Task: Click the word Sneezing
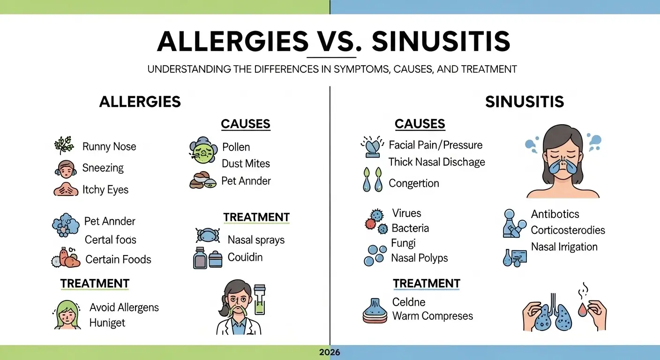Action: [x=103, y=168]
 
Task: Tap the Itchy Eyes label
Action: [x=105, y=190]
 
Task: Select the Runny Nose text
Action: [x=109, y=147]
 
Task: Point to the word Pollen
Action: [x=236, y=147]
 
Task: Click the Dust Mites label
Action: [x=246, y=164]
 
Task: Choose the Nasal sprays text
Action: [x=256, y=240]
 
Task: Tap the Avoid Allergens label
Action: [x=124, y=307]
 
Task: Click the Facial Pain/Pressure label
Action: [x=435, y=145]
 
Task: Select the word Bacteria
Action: [x=410, y=228]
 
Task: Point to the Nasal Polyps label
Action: [x=420, y=258]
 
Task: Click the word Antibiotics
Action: [x=555, y=214]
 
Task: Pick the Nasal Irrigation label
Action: [x=564, y=247]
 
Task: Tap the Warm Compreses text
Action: [x=432, y=316]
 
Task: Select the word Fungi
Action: [x=403, y=243]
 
